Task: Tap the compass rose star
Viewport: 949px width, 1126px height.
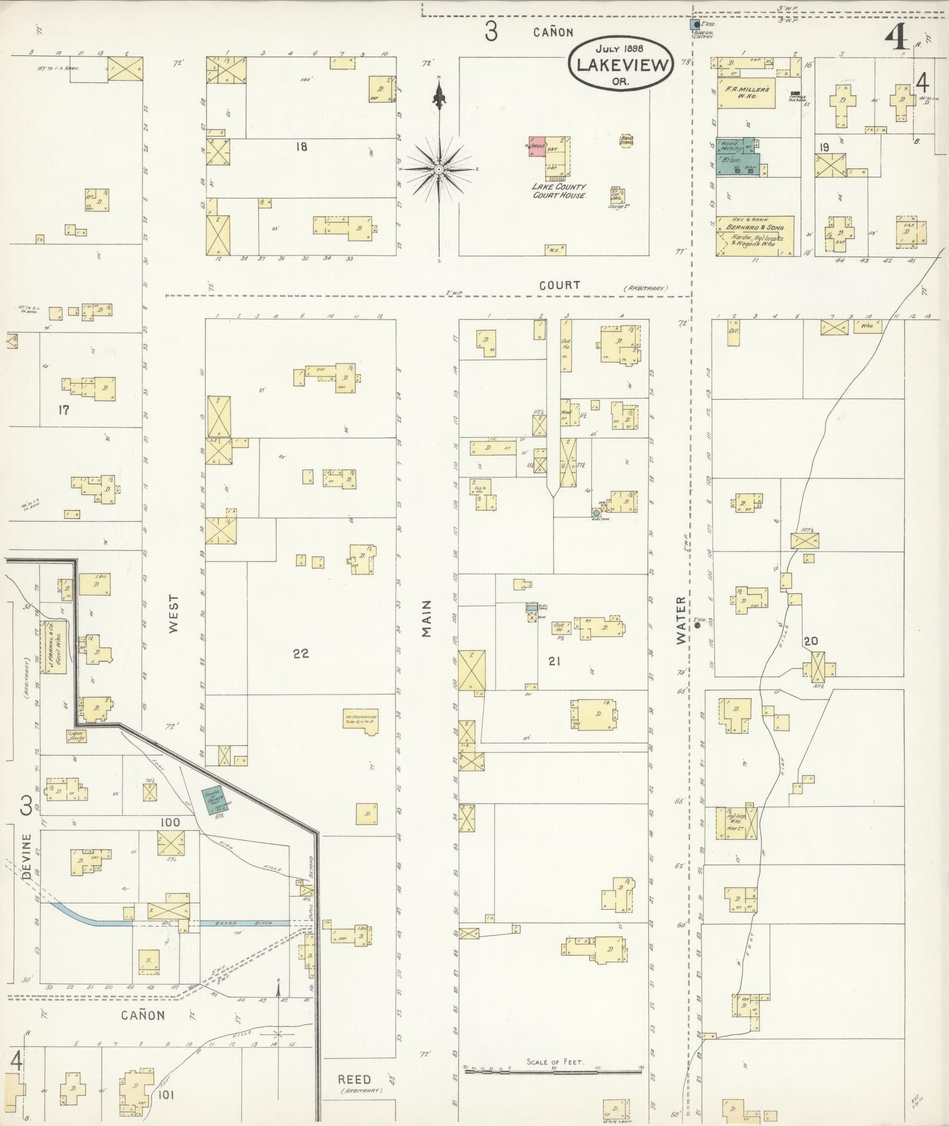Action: click(439, 170)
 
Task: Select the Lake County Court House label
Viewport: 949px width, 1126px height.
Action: click(558, 191)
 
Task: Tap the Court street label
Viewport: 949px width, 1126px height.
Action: click(560, 285)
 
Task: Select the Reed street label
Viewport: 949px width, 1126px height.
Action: click(355, 1079)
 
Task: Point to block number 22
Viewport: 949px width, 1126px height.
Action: click(301, 653)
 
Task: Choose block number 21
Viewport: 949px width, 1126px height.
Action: click(553, 662)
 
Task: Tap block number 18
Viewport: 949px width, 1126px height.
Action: click(301, 147)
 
